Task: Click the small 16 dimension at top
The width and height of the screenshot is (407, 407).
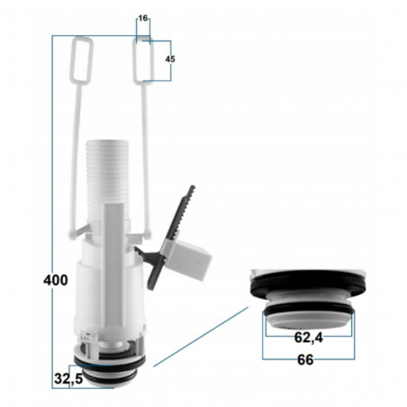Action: (x=143, y=17)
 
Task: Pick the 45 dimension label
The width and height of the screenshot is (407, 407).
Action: (x=171, y=59)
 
